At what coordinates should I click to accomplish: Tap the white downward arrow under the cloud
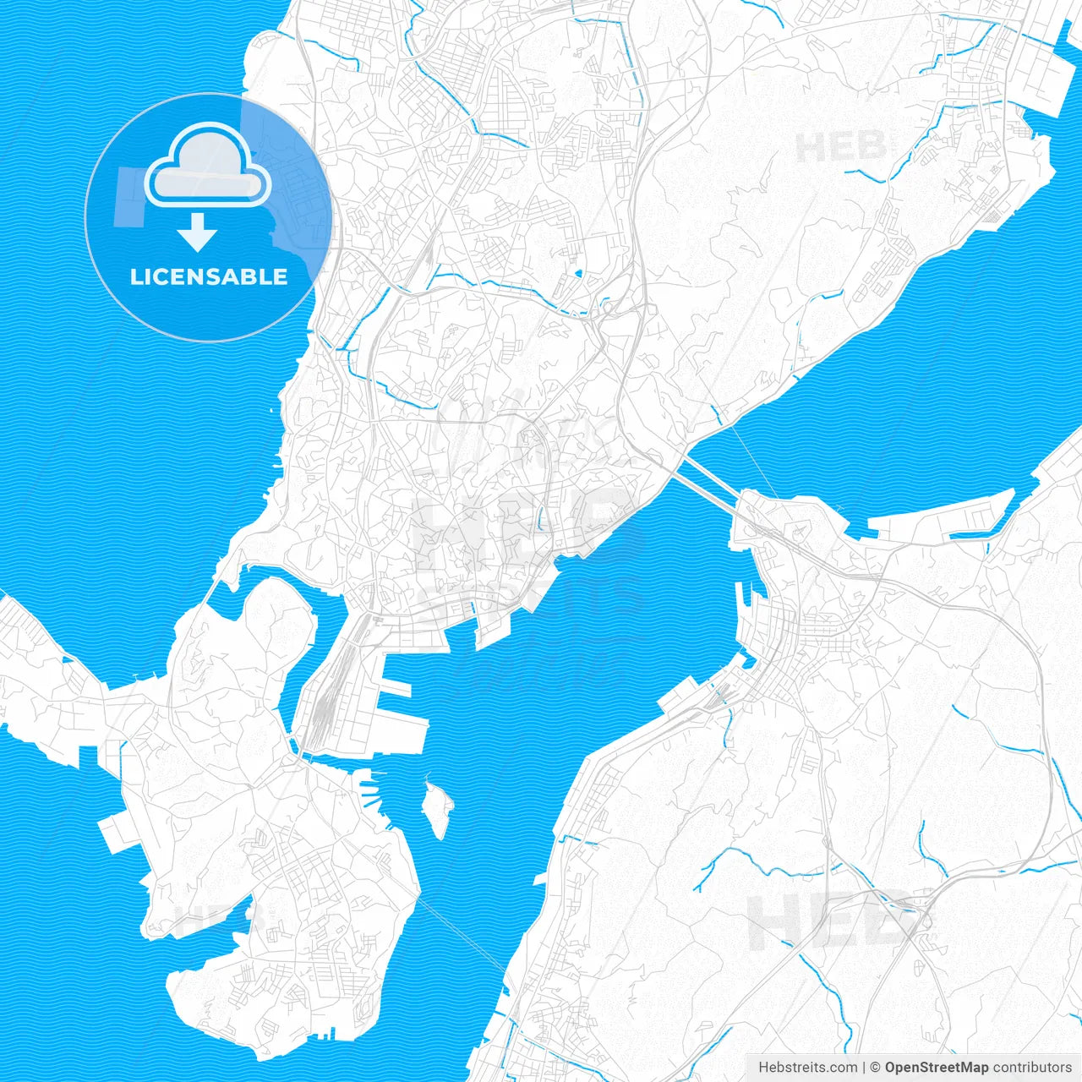tap(198, 232)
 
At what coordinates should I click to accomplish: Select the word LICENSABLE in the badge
tap(209, 276)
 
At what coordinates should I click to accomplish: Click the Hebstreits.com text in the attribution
tap(807, 1068)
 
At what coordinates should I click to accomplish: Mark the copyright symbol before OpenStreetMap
tap(876, 1068)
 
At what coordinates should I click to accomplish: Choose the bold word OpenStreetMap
tap(936, 1068)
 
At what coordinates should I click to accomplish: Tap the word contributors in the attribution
tap(1031, 1068)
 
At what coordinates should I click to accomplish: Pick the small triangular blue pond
tap(578, 273)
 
